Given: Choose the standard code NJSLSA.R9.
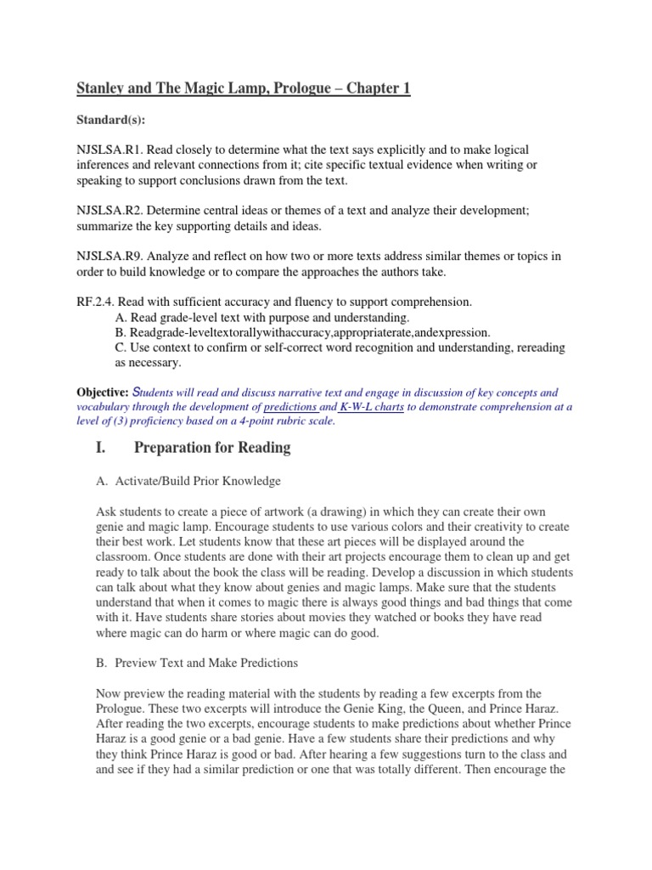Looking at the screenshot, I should pyautogui.click(x=110, y=256).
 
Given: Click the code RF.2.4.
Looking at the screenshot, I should pyautogui.click(x=94, y=302).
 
